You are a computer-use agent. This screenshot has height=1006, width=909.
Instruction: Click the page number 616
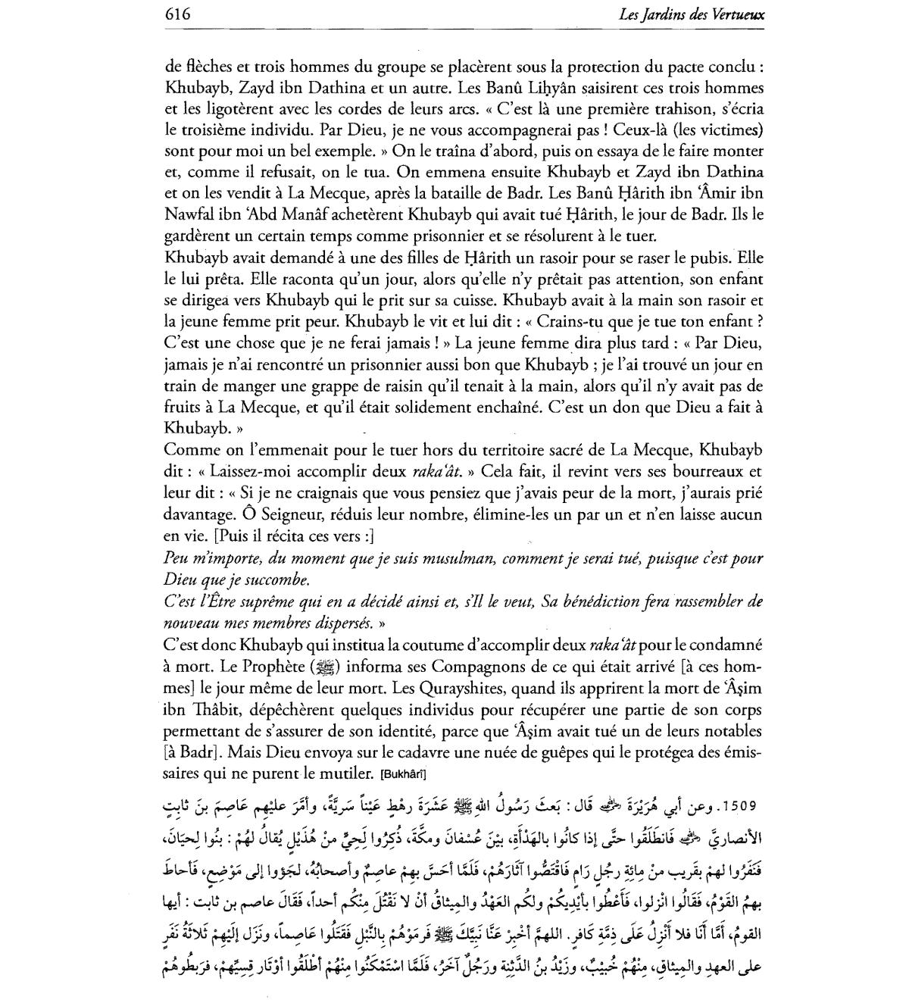click(x=176, y=14)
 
